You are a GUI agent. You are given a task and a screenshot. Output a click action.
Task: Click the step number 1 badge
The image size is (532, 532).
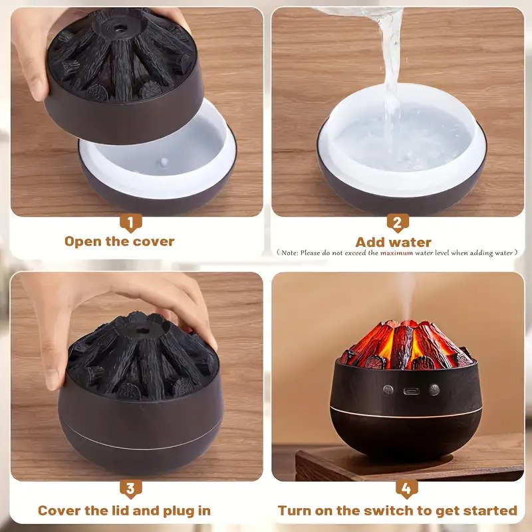coord(130,223)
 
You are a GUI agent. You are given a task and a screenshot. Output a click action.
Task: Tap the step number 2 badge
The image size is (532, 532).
coord(397,223)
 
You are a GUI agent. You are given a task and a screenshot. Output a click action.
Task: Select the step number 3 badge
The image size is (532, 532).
coord(130,489)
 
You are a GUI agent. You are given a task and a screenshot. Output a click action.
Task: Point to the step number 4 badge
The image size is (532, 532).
coord(406,489)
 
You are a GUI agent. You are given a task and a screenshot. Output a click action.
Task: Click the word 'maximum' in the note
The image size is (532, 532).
coord(396,253)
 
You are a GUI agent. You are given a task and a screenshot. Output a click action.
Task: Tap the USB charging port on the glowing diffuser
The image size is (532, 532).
coord(411,391)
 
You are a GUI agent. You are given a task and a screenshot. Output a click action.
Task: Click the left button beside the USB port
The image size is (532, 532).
coord(388,390)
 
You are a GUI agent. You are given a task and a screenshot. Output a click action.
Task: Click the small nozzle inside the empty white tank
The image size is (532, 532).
coord(164,162)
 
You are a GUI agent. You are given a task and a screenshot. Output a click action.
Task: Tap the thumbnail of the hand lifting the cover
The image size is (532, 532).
coord(137,112)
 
